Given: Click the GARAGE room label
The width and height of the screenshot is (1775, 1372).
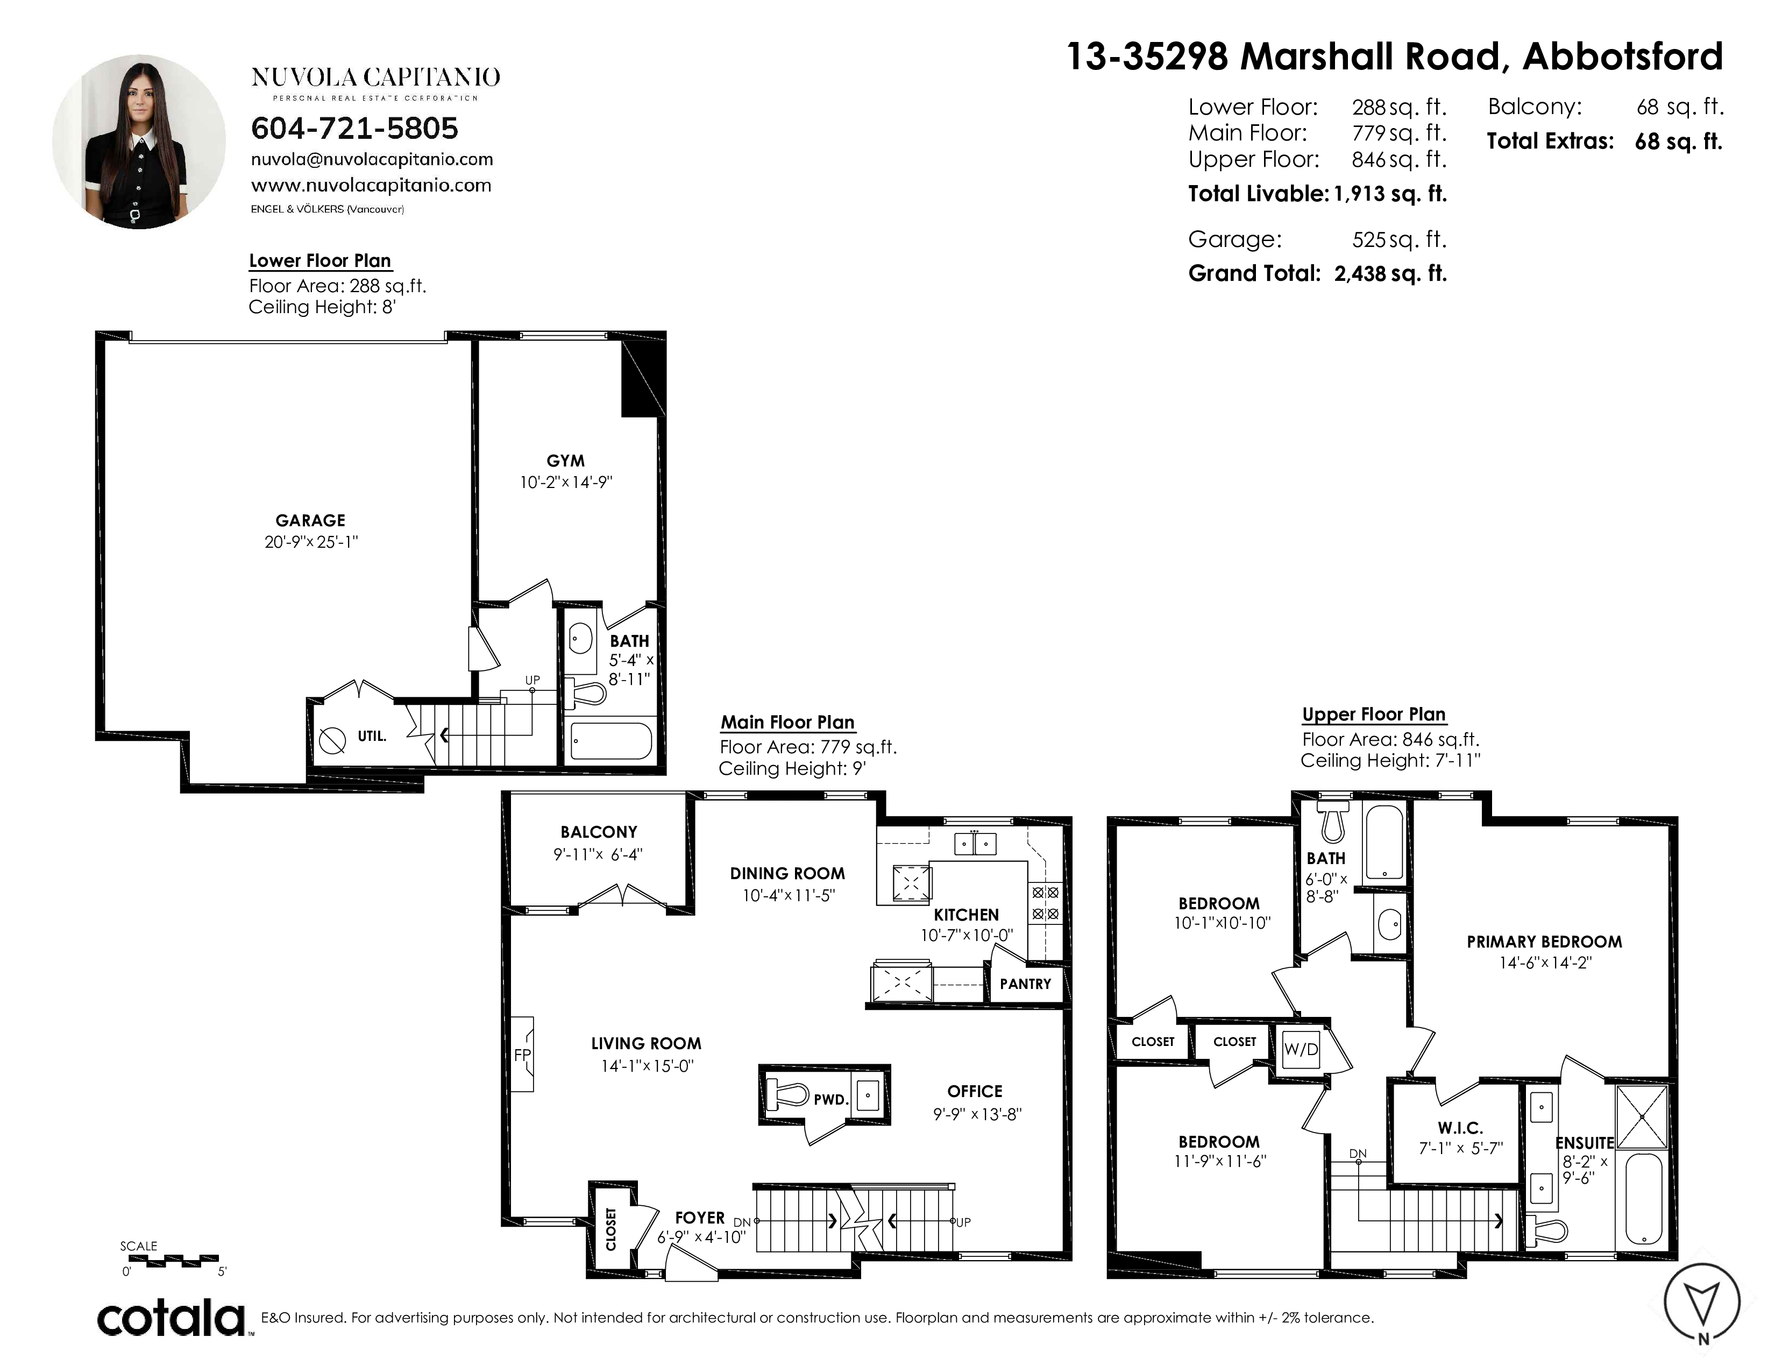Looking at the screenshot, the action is click(x=310, y=520).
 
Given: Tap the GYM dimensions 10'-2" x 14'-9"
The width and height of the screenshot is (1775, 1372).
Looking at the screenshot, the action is click(x=566, y=482).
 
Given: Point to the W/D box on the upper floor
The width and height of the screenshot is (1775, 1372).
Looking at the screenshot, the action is click(x=1301, y=1049).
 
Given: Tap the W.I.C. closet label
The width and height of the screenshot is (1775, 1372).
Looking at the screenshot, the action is click(x=1460, y=1128).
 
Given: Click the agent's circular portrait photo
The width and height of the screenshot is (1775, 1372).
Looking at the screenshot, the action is click(x=139, y=142).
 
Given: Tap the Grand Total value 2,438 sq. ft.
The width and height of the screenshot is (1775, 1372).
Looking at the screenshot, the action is click(x=1390, y=273).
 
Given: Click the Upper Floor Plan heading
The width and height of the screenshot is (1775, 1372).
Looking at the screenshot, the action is click(x=1374, y=715).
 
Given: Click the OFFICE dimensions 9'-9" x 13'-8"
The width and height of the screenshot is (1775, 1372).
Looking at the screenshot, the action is click(x=977, y=1114).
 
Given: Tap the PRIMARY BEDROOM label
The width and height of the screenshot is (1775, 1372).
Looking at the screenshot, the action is click(x=1544, y=942).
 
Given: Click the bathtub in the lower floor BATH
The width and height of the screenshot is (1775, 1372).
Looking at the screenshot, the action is click(x=611, y=740).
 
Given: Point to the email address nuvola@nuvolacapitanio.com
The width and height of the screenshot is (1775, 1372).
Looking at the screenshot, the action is click(x=372, y=159).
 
